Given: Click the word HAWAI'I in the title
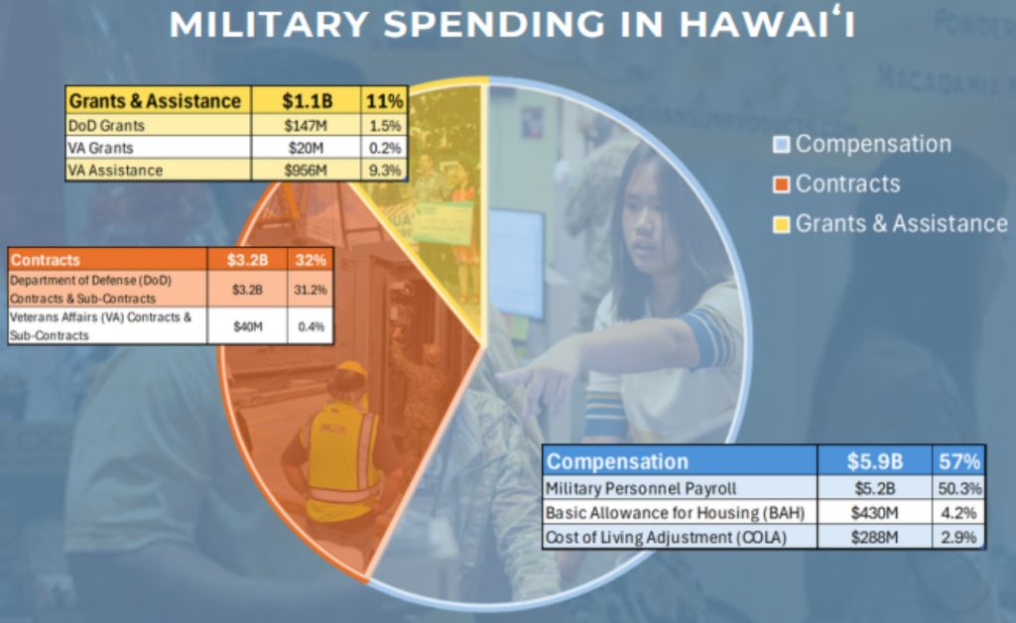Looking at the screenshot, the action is (x=767, y=24).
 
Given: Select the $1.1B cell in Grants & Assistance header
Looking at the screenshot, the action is (x=307, y=101).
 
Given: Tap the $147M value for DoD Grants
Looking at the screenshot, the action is (x=307, y=126).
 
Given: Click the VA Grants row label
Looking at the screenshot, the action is (x=100, y=148).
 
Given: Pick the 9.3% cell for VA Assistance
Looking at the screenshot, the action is (x=385, y=171).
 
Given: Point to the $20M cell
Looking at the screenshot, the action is (x=307, y=148).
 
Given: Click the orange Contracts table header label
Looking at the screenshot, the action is (x=46, y=260).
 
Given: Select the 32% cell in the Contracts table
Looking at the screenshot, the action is (x=311, y=260).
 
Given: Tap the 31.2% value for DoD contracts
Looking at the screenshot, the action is (x=311, y=289).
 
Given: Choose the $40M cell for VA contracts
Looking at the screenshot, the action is (x=247, y=326).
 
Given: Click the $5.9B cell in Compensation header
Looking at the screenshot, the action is (x=875, y=461).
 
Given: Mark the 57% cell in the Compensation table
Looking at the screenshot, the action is (x=959, y=461).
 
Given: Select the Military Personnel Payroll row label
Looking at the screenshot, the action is (x=640, y=488).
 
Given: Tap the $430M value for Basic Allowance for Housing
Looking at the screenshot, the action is (x=875, y=513).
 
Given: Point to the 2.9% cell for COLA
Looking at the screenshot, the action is (x=959, y=537).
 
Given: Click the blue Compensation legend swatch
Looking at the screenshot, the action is (x=782, y=145).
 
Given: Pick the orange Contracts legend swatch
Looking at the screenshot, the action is (x=782, y=185).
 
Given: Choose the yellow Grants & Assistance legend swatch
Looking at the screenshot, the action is (x=782, y=224).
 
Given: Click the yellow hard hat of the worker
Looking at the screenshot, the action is (x=350, y=374).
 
